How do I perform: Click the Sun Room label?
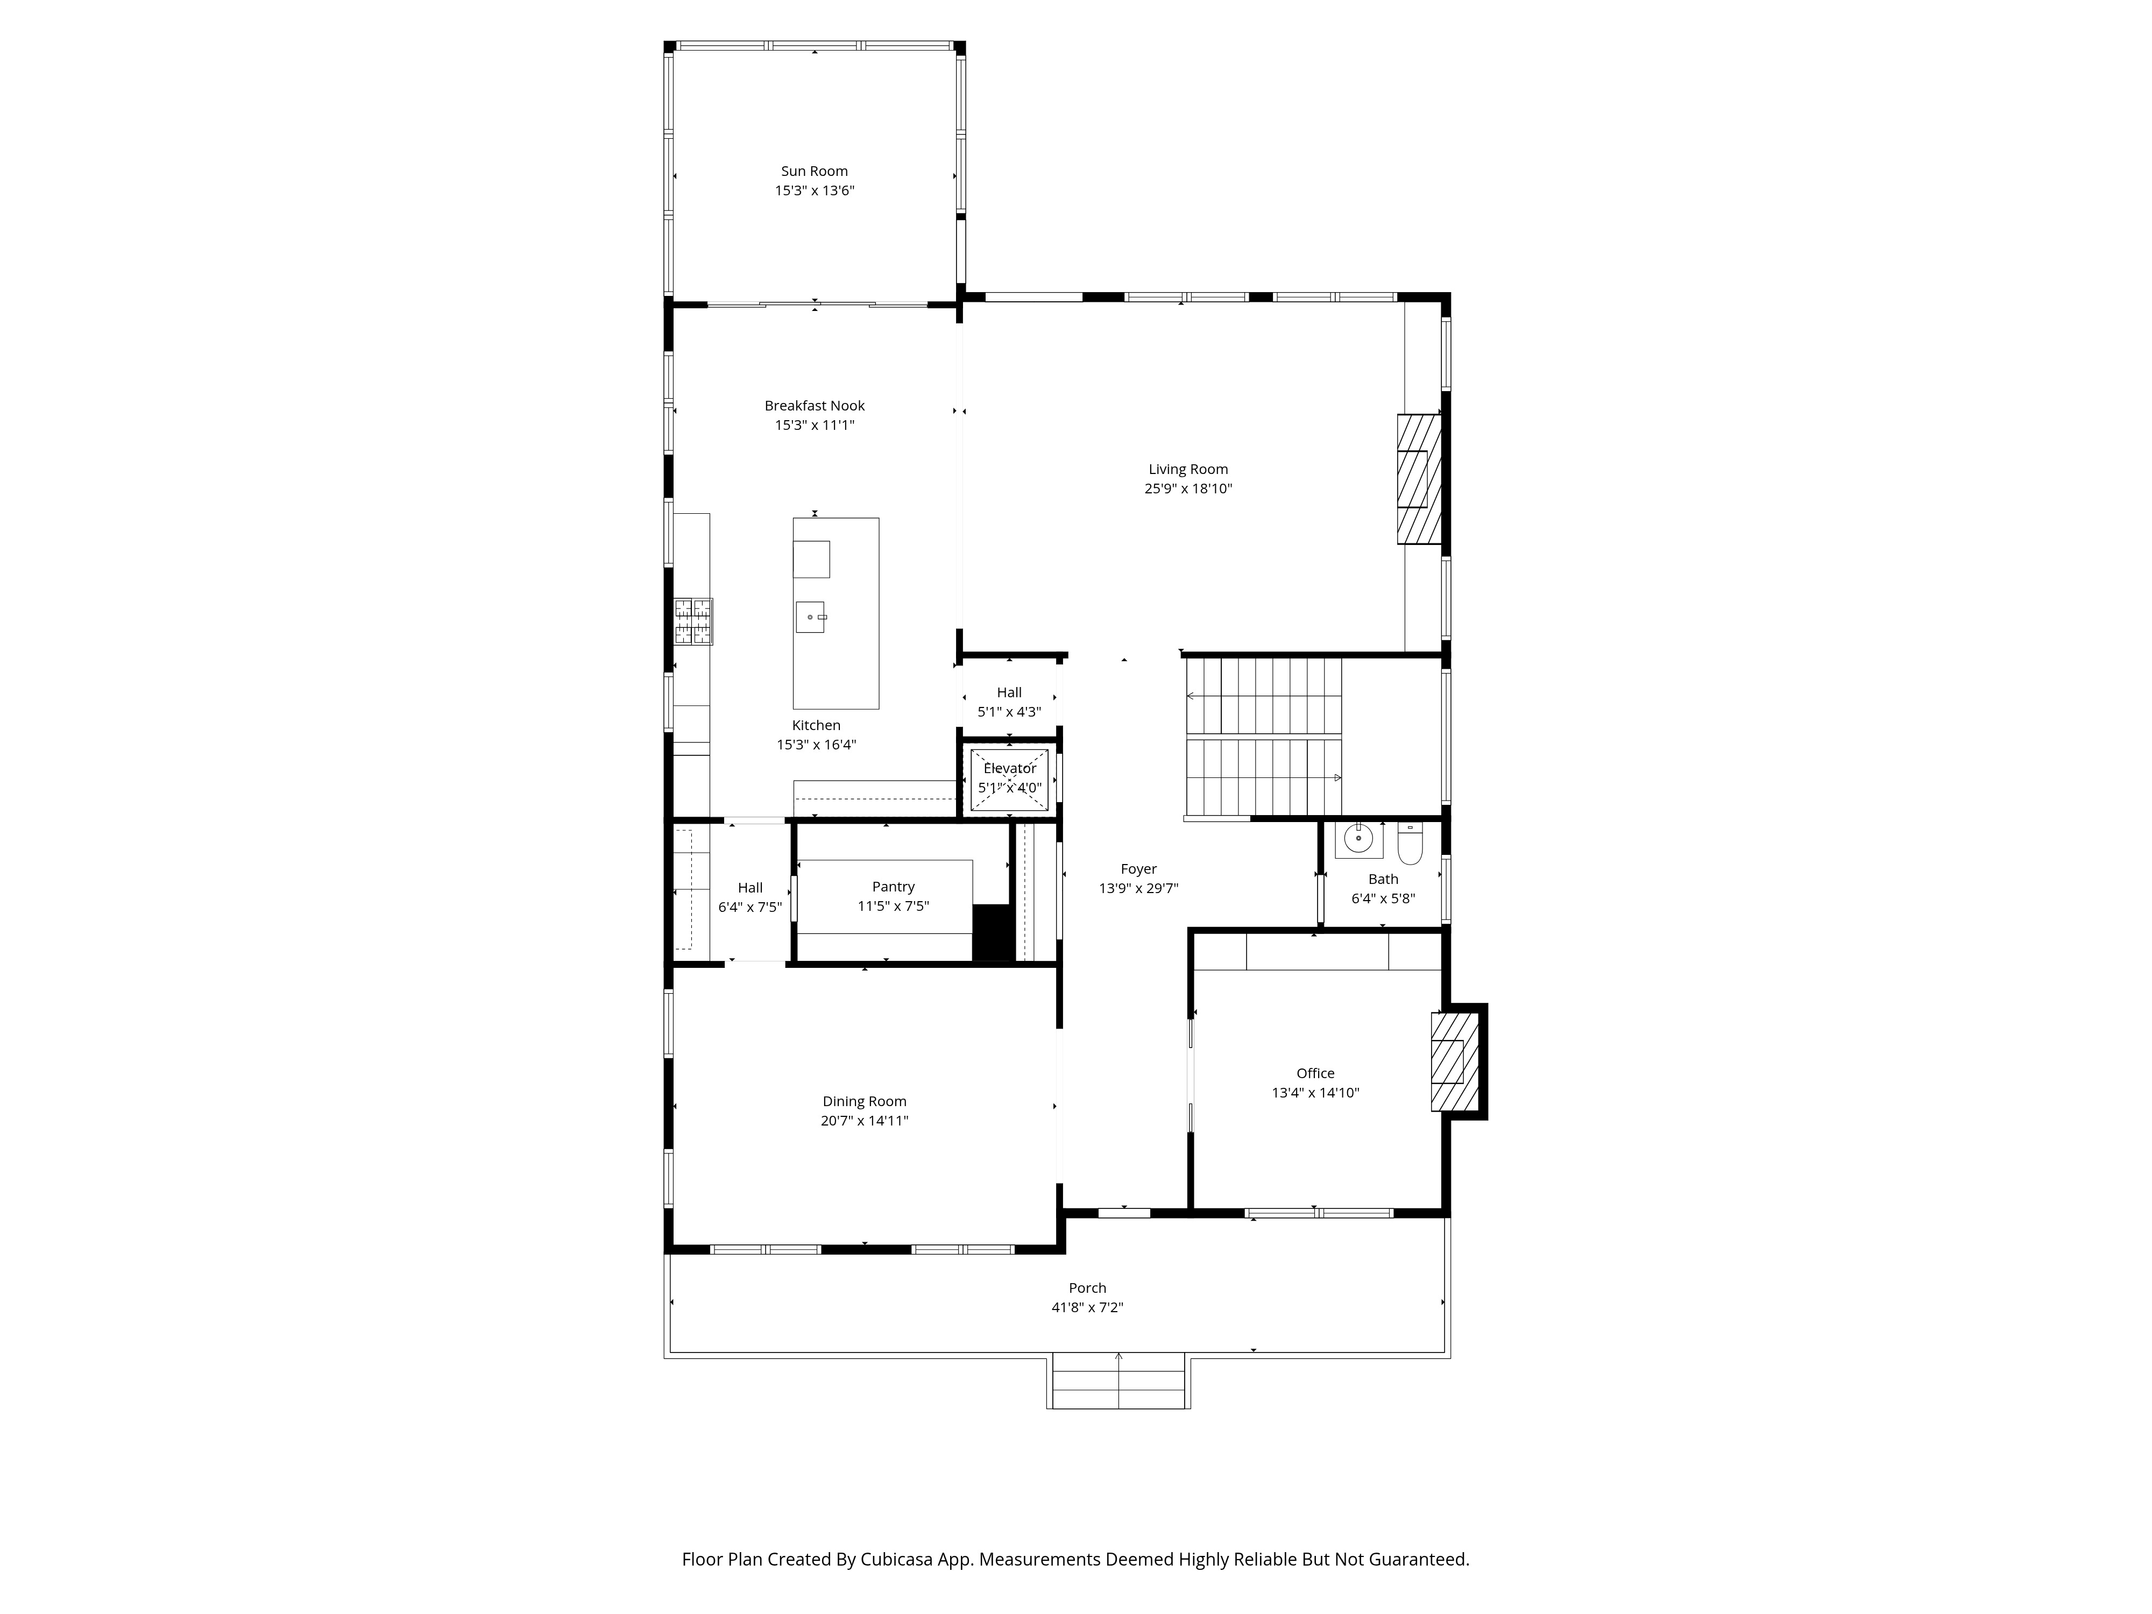pyautogui.click(x=815, y=171)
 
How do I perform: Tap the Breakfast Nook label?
pyautogui.click(x=815, y=406)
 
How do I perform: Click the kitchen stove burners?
pyautogui.click(x=693, y=622)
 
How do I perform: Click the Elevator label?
pyautogui.click(x=1010, y=769)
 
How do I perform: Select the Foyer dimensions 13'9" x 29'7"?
pyautogui.click(x=1138, y=888)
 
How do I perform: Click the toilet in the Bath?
pyautogui.click(x=1410, y=844)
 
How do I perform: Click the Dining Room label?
pyautogui.click(x=864, y=1101)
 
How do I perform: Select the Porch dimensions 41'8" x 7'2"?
pyautogui.click(x=1087, y=1307)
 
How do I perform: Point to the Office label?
pyautogui.click(x=1315, y=1073)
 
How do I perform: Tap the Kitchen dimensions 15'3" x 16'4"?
pyautogui.click(x=815, y=745)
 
